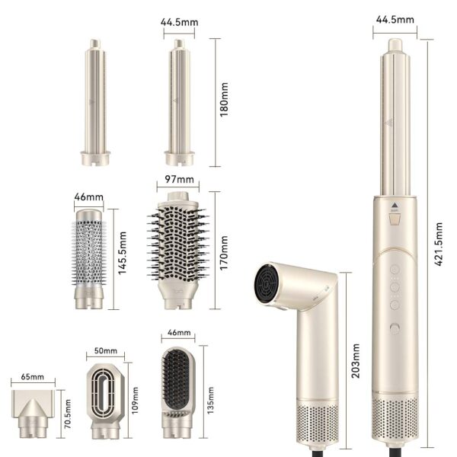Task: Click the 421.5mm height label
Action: click(x=439, y=244)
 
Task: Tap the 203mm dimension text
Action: click(x=355, y=361)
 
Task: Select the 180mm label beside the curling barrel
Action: click(x=224, y=100)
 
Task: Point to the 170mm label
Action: click(x=223, y=253)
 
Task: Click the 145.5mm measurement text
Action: click(x=122, y=253)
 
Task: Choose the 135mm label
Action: click(x=210, y=400)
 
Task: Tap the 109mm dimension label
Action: click(x=134, y=400)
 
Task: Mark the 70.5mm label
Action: click(x=68, y=414)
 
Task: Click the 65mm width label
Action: click(x=32, y=376)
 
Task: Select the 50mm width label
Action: click(x=106, y=350)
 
